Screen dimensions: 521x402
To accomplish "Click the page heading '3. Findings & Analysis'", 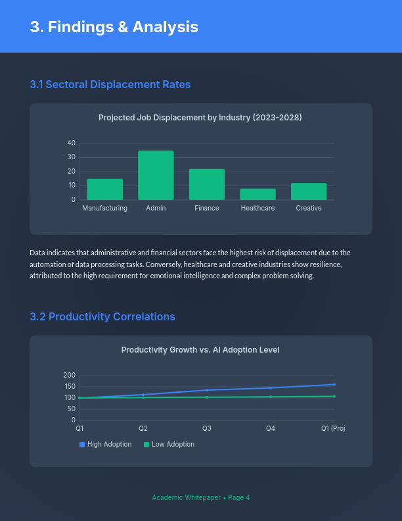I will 114,27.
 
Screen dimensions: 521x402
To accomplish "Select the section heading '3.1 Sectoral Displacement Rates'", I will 110,85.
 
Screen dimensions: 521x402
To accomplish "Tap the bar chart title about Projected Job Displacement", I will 200,118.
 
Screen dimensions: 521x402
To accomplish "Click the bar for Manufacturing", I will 105,189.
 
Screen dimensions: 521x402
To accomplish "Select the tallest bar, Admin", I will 156,176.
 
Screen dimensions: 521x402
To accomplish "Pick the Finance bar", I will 207,185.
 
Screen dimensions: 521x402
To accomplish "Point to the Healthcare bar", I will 257,195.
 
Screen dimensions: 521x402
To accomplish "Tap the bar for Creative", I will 309,191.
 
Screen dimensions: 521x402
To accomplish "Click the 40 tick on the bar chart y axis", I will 72,143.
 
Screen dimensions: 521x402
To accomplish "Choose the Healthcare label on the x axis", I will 257,209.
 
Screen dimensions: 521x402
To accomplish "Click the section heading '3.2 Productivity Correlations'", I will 102,317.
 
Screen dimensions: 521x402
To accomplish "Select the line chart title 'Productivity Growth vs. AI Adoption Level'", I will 200,350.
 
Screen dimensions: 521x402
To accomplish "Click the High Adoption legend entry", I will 106,445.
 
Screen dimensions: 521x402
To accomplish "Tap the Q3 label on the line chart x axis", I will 207,429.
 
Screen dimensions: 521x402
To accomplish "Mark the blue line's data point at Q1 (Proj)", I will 334,384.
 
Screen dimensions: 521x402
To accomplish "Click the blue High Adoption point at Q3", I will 207,390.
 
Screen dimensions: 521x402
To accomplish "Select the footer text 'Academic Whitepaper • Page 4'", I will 201,498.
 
